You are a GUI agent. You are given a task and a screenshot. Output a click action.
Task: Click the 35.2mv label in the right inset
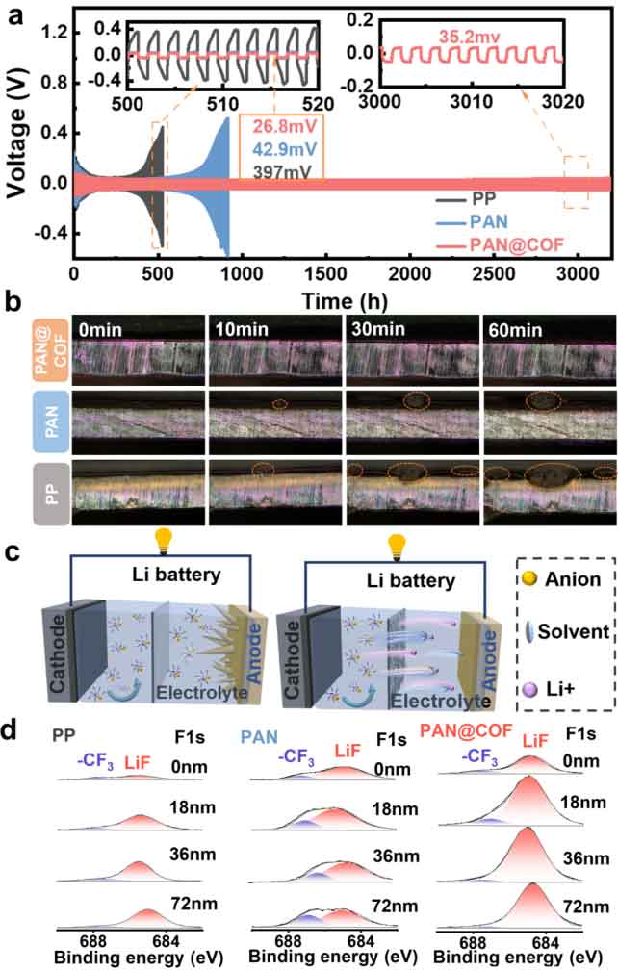pos(460,37)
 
